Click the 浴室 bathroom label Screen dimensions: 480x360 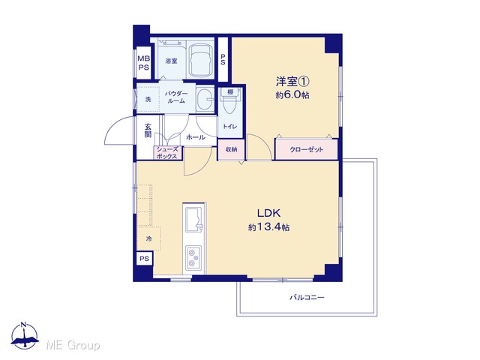coord(171,61)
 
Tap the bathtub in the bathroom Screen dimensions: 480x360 coord(200,60)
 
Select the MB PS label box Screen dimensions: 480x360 coord(143,63)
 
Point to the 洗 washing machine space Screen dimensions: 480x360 coord(148,99)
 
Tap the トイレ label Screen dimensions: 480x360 coord(230,127)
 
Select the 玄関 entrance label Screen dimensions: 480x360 coord(148,130)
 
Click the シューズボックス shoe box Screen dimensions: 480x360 coord(167,153)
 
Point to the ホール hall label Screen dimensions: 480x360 coord(195,137)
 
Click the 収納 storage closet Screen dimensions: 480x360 coord(231,150)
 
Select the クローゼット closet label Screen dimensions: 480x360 coord(307,150)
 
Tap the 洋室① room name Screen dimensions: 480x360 coord(292,82)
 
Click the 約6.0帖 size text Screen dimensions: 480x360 coord(292,95)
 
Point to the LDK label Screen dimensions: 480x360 coord(268,213)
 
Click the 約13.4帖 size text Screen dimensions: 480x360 coord(268,227)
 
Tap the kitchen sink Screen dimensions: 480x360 coord(194,220)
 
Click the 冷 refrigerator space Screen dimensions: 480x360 coord(148,238)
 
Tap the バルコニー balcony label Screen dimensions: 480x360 coord(307,297)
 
